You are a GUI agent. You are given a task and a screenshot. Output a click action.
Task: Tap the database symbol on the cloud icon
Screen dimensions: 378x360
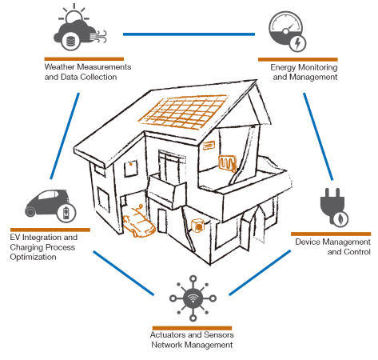pyautogui.click(x=70, y=41)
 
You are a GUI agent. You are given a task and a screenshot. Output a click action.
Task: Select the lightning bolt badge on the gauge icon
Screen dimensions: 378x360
pyautogui.click(x=297, y=43)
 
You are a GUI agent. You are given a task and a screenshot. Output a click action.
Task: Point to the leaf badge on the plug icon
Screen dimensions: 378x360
pyautogui.click(x=340, y=219)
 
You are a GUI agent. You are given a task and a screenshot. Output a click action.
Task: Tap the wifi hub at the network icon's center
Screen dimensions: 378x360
pyautogui.click(x=193, y=298)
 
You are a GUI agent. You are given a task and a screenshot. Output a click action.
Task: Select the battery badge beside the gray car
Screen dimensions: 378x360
pyautogui.click(x=66, y=213)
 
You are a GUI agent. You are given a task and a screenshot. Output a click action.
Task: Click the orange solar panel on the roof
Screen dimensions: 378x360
pyautogui.click(x=184, y=111)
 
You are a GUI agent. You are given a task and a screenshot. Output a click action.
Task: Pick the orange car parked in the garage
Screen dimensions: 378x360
pyautogui.click(x=138, y=222)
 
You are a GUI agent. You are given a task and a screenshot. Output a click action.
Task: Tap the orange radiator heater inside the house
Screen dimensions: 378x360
pyautogui.click(x=227, y=162)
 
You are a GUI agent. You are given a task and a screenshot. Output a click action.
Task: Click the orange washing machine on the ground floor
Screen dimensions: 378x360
pyautogui.click(x=198, y=226)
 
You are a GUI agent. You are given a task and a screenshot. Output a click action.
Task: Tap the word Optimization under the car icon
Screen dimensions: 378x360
pyautogui.click(x=33, y=257)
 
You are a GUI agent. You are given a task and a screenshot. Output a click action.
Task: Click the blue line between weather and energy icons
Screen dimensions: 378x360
pyautogui.click(x=189, y=34)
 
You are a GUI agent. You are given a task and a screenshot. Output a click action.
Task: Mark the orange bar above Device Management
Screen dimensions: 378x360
pyautogui.click(x=331, y=234)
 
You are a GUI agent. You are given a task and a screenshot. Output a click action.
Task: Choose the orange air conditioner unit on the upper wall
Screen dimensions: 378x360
pyautogui.click(x=209, y=146)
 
